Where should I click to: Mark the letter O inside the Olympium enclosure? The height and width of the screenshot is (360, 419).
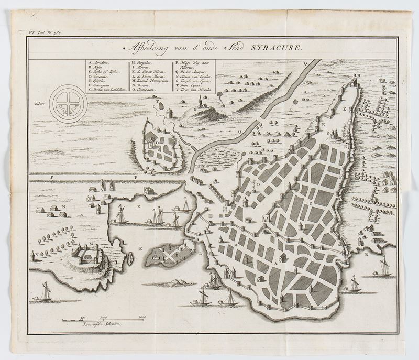click(x=156, y=141)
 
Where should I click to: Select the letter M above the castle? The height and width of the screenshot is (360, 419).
click(x=91, y=244)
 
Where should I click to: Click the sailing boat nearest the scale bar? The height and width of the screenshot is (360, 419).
click(x=46, y=291)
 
